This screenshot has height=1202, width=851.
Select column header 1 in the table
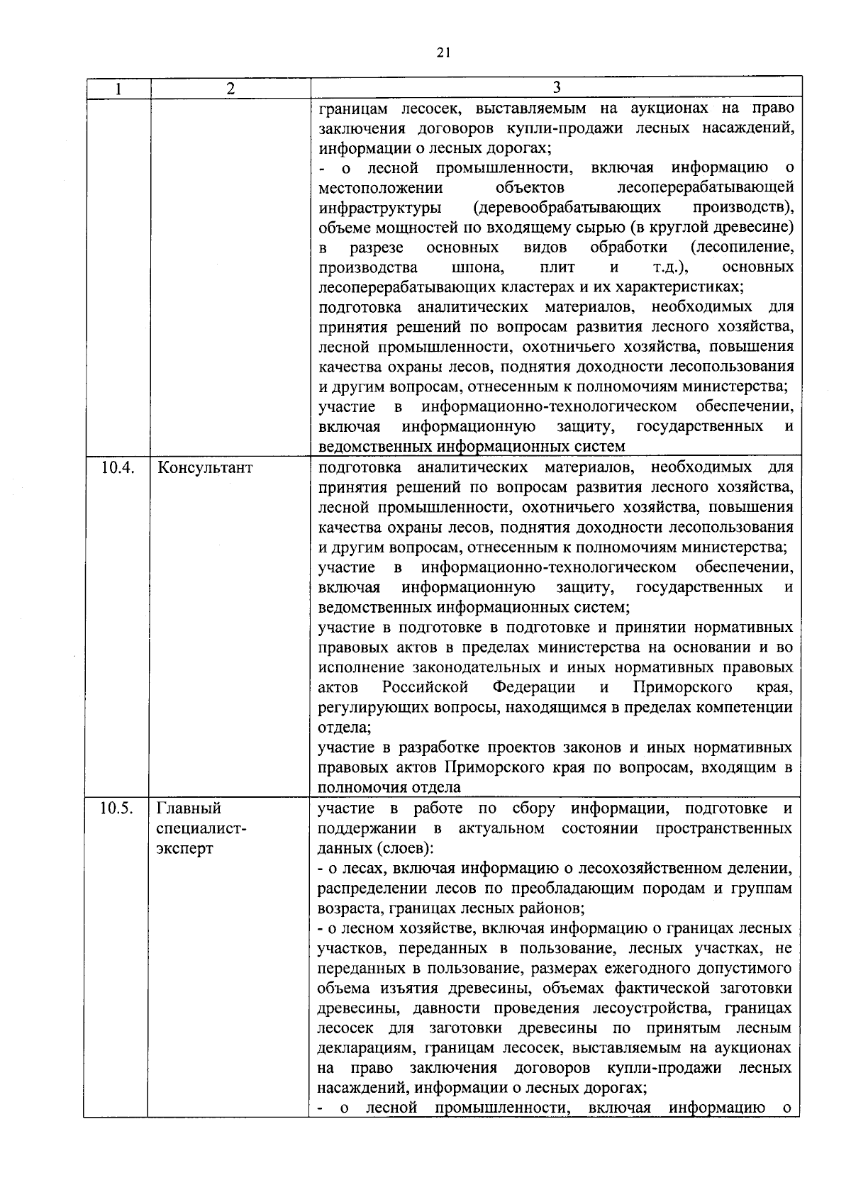pos(117,89)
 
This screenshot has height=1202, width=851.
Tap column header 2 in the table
pos(230,89)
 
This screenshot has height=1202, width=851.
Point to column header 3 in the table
pos(556,87)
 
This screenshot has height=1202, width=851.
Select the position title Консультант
pos(205,468)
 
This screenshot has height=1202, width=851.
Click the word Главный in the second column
pos(189,808)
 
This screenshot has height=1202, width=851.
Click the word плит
pos(557,267)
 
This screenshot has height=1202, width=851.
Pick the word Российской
pos(425,688)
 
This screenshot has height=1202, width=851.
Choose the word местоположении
pos(380,188)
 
